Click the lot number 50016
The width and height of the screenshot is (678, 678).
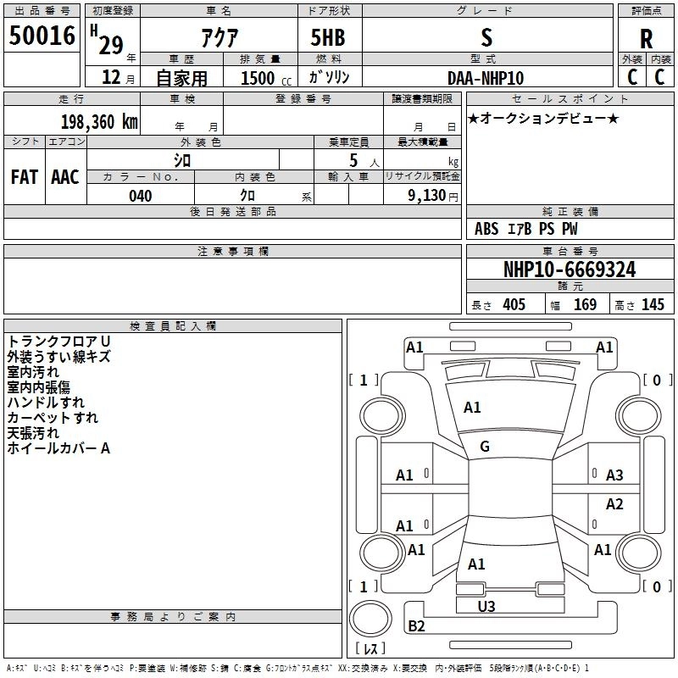[42, 36]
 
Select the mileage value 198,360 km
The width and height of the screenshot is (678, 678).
[99, 122]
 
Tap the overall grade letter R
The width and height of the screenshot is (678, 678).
[646, 39]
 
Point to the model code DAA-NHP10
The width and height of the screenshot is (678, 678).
[486, 78]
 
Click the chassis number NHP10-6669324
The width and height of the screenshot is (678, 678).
[570, 270]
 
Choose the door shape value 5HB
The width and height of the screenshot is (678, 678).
[328, 37]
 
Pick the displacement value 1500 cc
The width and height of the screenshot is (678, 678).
[266, 78]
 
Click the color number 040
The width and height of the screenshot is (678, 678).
[141, 196]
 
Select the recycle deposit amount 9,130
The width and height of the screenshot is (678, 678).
[427, 195]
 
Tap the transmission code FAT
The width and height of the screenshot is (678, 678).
[25, 177]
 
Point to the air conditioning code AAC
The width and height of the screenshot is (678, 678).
[65, 177]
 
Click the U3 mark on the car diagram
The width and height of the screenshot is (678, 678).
[486, 606]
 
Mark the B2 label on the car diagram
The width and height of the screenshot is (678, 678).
[416, 625]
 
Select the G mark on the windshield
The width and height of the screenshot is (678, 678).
[485, 447]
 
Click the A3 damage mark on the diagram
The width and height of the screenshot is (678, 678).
[614, 475]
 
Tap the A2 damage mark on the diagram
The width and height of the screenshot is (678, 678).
[614, 503]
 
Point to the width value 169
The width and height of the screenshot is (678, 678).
[585, 304]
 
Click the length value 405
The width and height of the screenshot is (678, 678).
[514, 304]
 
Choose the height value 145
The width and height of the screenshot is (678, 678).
[653, 304]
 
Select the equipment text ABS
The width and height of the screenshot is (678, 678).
[486, 229]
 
